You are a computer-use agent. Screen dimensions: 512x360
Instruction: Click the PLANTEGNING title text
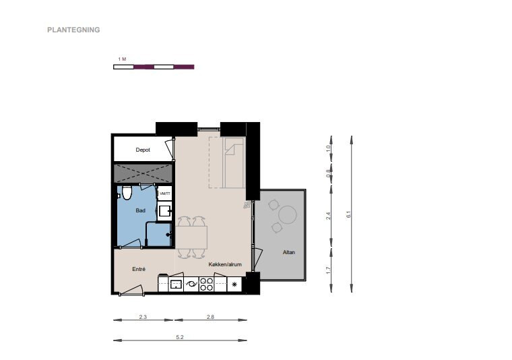73,30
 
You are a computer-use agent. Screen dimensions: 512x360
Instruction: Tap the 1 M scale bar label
122,59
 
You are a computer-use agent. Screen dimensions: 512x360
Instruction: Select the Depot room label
143,150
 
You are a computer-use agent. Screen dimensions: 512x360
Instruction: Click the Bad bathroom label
140,211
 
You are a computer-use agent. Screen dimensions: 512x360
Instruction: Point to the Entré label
139,269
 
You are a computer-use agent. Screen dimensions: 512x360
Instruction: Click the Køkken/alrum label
225,264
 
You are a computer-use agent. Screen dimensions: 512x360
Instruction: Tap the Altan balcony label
289,252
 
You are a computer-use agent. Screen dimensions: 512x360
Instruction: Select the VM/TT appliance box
165,193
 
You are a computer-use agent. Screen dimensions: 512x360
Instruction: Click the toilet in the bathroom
127,192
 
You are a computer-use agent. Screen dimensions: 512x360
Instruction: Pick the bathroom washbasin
165,211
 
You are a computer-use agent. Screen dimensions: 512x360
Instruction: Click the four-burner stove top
206,284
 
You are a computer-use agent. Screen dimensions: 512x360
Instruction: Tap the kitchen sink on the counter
177,284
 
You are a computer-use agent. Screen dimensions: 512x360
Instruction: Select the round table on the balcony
288,214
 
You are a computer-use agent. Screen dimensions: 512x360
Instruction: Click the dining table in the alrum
191,237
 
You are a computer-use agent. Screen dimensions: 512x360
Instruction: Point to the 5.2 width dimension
180,340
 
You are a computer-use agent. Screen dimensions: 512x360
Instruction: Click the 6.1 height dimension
352,214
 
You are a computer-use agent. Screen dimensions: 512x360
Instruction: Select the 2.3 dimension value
143,317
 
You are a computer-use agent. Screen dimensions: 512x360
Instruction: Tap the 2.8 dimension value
210,317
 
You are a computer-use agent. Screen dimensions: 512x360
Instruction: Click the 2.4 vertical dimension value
328,216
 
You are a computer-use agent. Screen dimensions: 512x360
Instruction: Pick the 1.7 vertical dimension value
328,270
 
